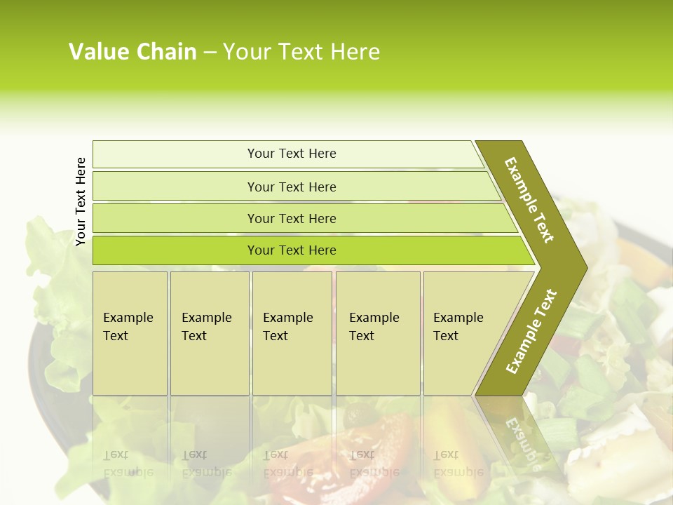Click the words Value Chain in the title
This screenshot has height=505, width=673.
pyautogui.click(x=132, y=51)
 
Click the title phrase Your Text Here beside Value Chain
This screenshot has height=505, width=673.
pyautogui.click(x=301, y=51)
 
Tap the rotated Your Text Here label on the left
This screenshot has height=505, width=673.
pyautogui.click(x=81, y=201)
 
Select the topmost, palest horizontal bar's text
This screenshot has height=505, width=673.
pyautogui.click(x=292, y=154)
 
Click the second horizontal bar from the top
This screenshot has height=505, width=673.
pyautogui.click(x=292, y=187)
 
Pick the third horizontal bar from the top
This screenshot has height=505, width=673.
pyautogui.click(x=292, y=218)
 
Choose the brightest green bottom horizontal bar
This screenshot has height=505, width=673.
pyautogui.click(x=292, y=250)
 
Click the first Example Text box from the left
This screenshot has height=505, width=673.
pyautogui.click(x=130, y=332)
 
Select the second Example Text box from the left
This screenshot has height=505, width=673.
pyautogui.click(x=209, y=332)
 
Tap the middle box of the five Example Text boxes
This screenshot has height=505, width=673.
pyautogui.click(x=292, y=332)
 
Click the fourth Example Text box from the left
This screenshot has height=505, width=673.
pyautogui.click(x=377, y=332)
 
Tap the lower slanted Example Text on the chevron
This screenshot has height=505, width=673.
pyautogui.click(x=531, y=332)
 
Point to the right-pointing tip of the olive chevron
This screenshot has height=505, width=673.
pyautogui.click(x=585, y=267)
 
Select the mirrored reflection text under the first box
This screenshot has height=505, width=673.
pyautogui.click(x=128, y=463)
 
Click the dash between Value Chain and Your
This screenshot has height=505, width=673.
pyautogui.click(x=210, y=52)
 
